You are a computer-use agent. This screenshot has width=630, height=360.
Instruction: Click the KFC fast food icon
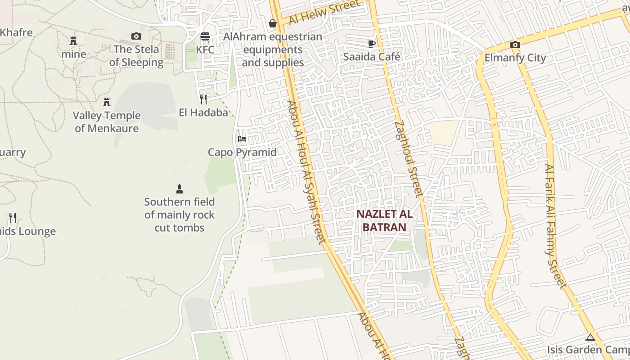pyautogui.click(x=205, y=36)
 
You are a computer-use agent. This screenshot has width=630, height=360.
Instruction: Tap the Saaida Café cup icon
pyautogui.click(x=372, y=44)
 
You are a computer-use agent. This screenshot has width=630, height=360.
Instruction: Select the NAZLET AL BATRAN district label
pyautogui.click(x=384, y=220)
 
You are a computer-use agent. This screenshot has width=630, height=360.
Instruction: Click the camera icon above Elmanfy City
pyautogui.click(x=515, y=45)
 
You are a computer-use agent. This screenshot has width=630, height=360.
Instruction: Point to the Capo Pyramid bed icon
pyautogui.click(x=242, y=139)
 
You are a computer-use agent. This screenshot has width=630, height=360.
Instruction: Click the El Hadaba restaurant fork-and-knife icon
pyautogui.click(x=203, y=99)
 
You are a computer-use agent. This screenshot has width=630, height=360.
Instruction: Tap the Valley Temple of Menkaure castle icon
pyautogui.click(x=107, y=102)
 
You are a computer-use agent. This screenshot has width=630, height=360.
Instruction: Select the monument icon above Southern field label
pyautogui.click(x=180, y=189)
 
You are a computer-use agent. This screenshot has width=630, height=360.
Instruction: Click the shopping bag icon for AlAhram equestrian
pyautogui.click(x=272, y=23)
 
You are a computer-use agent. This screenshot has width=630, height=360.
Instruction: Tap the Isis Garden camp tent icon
pyautogui.click(x=590, y=337)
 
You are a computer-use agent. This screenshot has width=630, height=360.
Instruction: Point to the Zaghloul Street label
pyautogui.click(x=409, y=158)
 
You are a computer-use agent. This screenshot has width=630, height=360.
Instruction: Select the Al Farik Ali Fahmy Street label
pyautogui.click(x=555, y=225)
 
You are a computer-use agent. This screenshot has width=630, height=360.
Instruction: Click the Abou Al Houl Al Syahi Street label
pyautogui.click(x=306, y=172)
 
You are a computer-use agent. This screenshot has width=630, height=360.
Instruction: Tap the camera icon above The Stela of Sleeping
pyautogui.click(x=136, y=36)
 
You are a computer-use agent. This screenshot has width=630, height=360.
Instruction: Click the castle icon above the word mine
pyautogui.click(x=73, y=41)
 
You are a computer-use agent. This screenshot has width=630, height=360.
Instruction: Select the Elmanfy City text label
pyautogui.click(x=515, y=58)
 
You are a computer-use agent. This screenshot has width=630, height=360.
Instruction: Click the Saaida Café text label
pyautogui.click(x=372, y=57)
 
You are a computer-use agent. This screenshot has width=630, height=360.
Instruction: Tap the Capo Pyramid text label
pyautogui.click(x=242, y=152)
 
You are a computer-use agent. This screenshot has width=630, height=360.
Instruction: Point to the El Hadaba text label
pyautogui.click(x=203, y=112)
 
